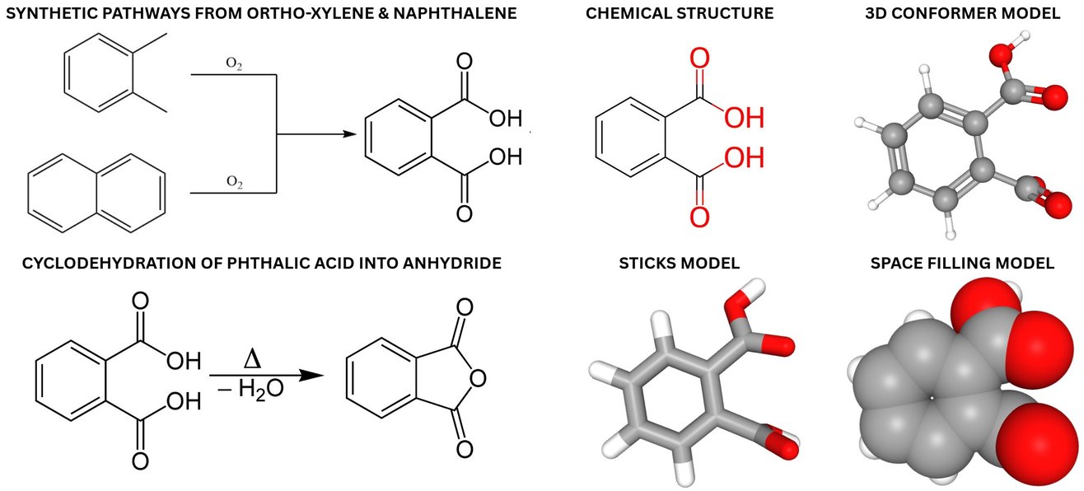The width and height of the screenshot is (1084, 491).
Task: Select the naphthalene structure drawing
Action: [96, 194]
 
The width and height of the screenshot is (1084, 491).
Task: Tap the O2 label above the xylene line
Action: [234, 63]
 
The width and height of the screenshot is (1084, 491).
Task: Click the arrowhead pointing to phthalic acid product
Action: [349, 134]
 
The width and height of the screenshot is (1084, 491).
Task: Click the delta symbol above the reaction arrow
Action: [253, 360]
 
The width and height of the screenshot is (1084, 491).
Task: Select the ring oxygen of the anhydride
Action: [478, 378]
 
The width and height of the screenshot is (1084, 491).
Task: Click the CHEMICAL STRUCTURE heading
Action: [680, 13]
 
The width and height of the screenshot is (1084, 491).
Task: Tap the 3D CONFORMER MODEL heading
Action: [963, 13]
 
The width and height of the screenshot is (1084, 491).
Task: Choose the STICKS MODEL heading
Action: [679, 263]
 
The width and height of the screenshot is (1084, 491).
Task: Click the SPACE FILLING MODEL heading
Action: [962, 263]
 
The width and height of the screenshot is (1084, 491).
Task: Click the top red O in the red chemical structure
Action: [699, 58]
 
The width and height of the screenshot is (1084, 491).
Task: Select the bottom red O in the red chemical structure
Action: [699, 217]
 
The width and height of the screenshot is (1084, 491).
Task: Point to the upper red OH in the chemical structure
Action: [745, 118]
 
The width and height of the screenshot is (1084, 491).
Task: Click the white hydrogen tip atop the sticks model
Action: [757, 285]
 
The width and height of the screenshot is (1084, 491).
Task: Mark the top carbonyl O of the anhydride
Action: [465, 307]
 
